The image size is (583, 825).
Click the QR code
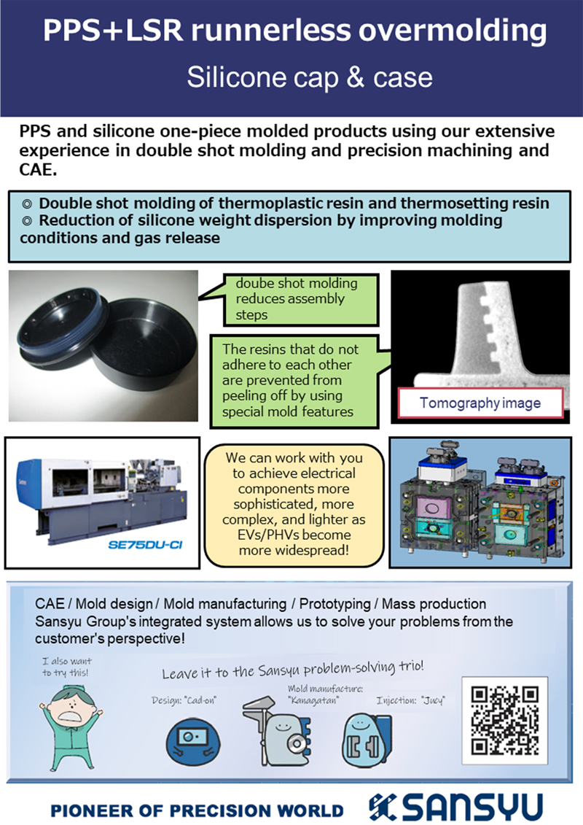click(505, 720)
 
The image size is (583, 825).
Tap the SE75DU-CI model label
click(145, 545)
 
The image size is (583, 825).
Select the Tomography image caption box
click(480, 403)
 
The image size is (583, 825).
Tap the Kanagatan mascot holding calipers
click(276, 732)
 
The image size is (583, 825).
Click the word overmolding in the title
click(453, 31)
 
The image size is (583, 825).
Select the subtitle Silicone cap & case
click(310, 77)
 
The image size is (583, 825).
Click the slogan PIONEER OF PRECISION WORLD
click(197, 811)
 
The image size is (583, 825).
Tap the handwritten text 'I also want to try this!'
click(67, 667)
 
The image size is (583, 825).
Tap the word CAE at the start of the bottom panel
click(50, 603)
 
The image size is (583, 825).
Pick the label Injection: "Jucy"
click(410, 700)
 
